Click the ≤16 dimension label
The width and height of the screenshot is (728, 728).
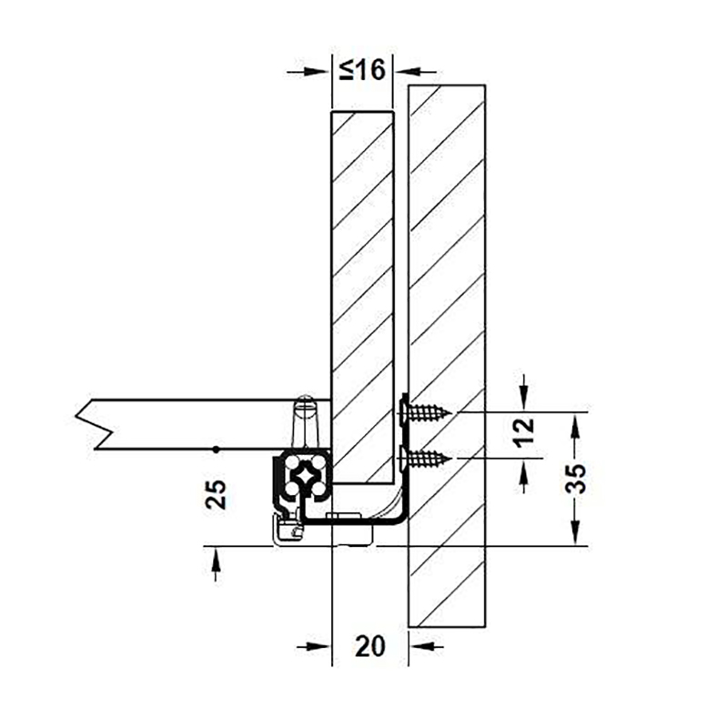362,71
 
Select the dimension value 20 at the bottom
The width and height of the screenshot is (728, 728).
370,646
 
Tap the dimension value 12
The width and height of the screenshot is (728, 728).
525,431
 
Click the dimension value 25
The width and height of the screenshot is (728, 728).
217,494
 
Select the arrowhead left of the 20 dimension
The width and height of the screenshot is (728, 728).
318,646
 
